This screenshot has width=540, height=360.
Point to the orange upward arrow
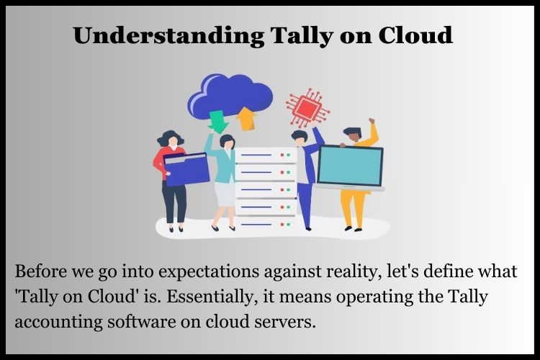pos(246,117)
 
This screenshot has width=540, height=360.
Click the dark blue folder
pos(186,168)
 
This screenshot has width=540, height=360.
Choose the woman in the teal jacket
pos(224,180)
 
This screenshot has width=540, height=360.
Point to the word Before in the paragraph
pos(40,273)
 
